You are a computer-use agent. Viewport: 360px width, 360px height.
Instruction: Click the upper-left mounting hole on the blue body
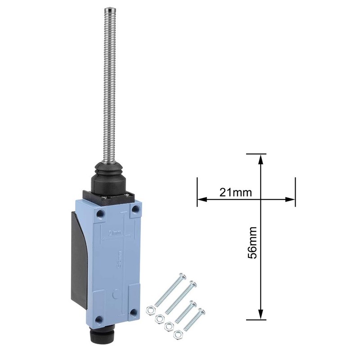(100, 211)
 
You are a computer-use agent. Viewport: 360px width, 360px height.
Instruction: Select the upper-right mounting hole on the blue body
(135, 210)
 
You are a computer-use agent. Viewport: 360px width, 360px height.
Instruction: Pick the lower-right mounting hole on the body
(134, 313)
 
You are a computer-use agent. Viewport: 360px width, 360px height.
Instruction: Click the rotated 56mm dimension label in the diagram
(253, 242)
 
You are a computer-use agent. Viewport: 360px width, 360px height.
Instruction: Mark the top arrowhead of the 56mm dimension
(260, 157)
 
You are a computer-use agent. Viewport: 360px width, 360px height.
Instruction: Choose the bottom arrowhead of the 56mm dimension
(260, 315)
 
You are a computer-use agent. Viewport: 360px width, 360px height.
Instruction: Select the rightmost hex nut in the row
(178, 333)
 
